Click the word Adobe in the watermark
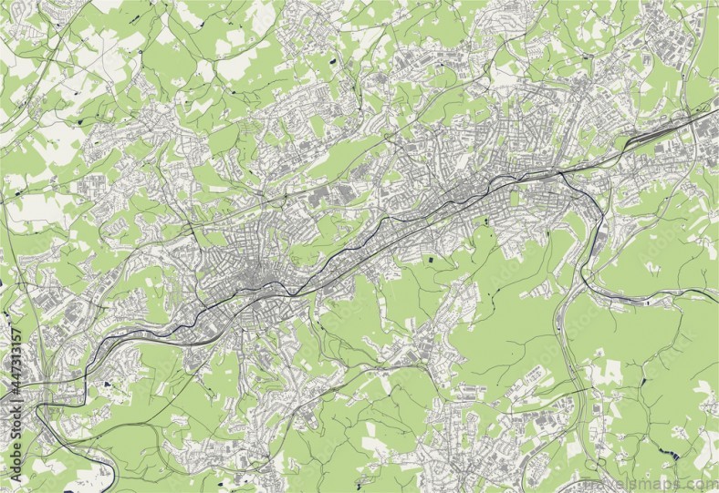16,457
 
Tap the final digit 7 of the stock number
16,331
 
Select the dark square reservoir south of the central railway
432,262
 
